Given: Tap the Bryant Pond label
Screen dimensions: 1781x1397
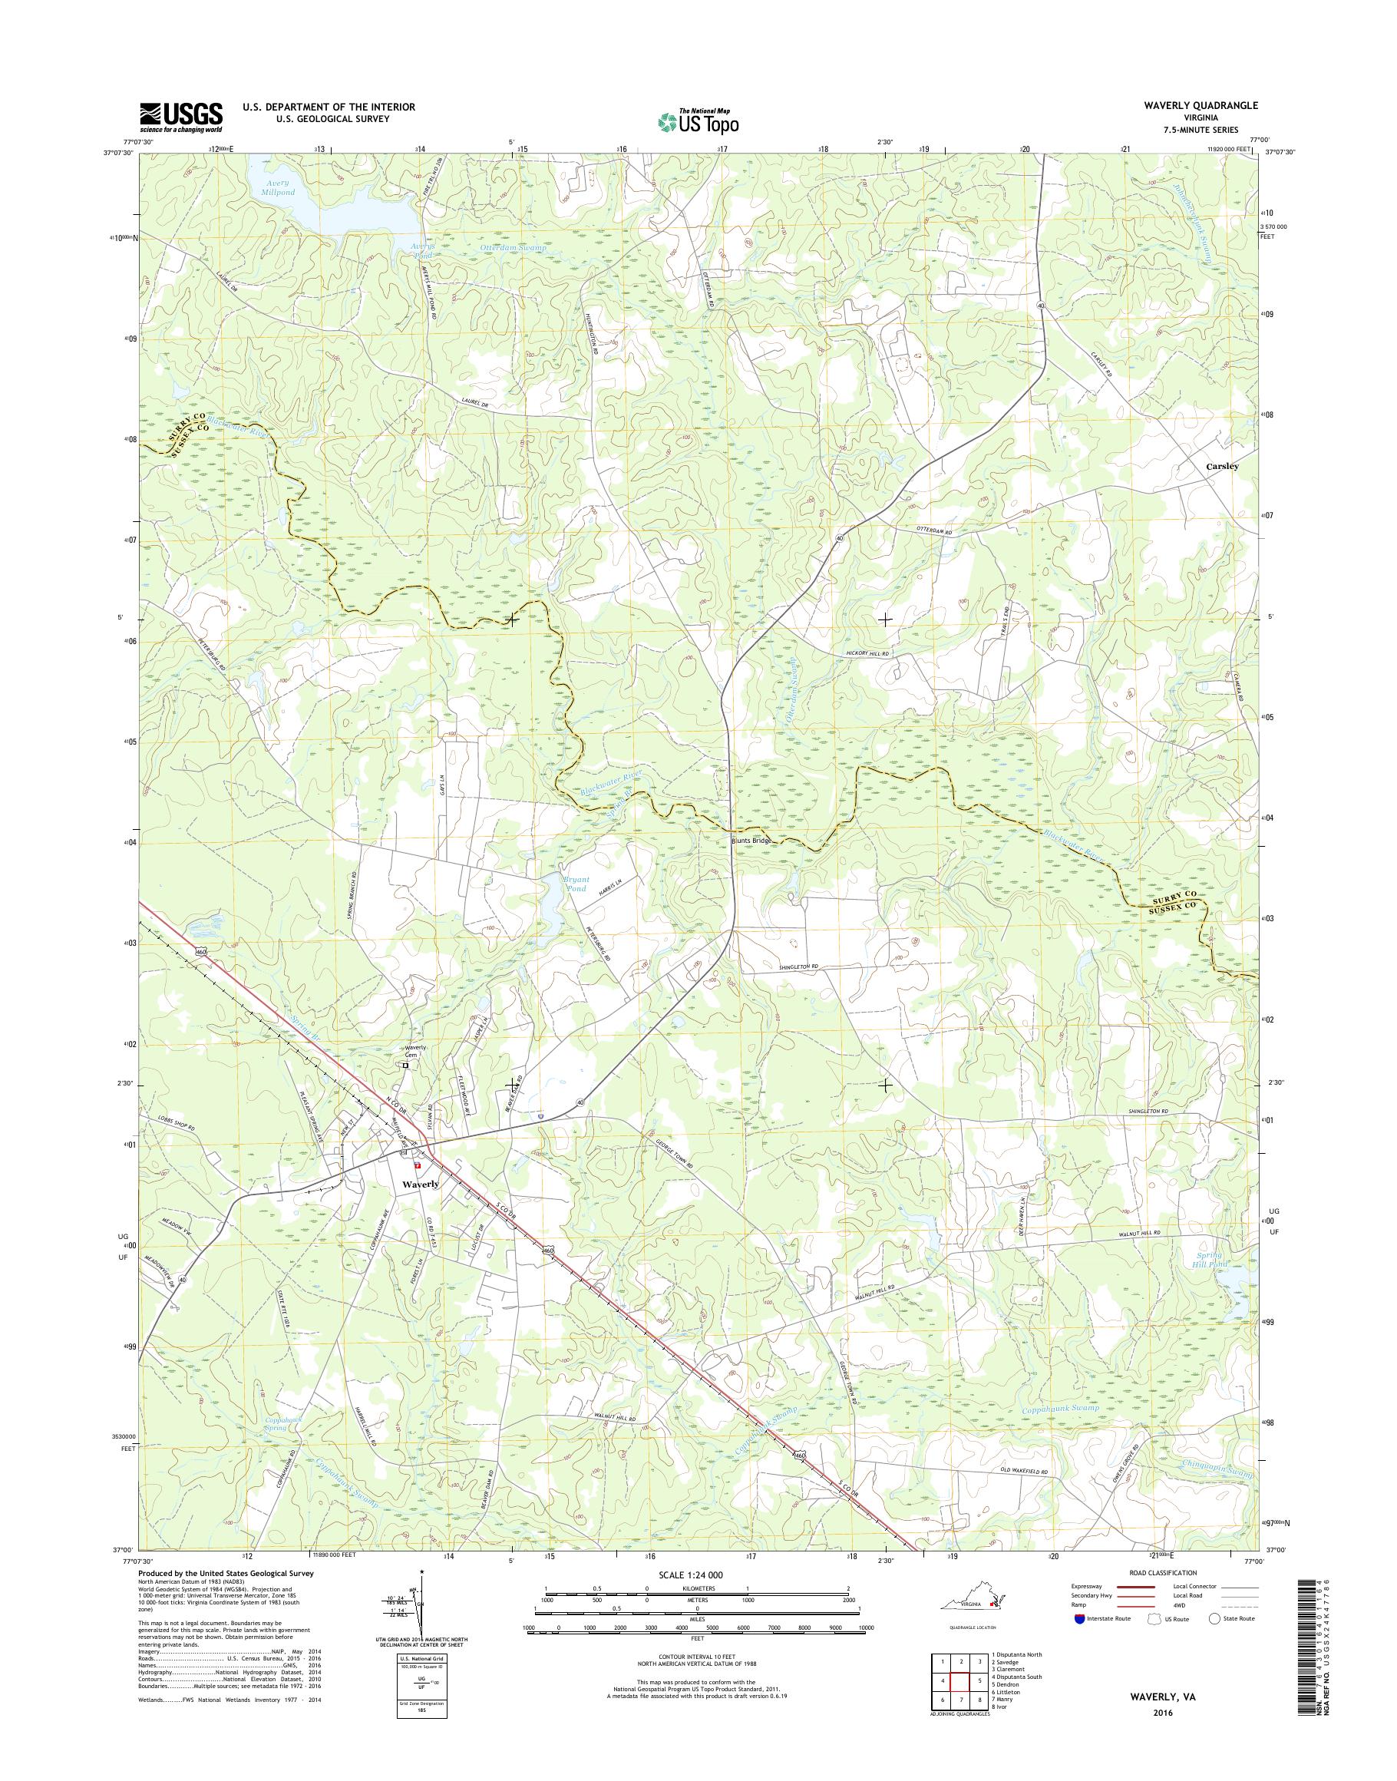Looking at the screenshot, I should pyautogui.click(x=575, y=884).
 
